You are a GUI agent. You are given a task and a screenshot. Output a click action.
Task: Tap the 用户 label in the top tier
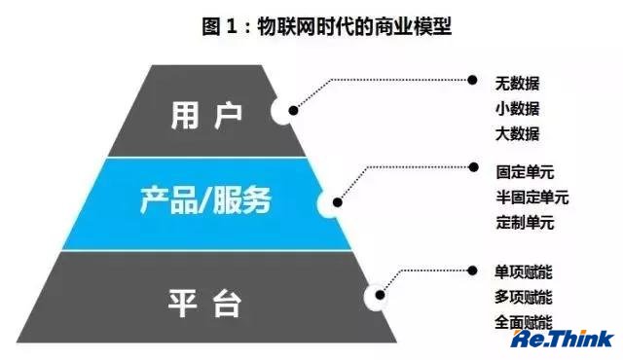tap(206, 116)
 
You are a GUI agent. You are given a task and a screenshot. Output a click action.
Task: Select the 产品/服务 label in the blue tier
tap(205, 200)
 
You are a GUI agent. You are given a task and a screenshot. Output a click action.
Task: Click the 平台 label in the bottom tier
tap(204, 304)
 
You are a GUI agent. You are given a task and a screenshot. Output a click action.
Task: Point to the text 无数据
tap(517, 84)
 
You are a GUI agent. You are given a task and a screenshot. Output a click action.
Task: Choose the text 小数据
tap(517, 109)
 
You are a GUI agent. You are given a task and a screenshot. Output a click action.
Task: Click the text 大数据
tap(517, 133)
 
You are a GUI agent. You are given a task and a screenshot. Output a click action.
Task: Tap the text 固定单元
tap(525, 172)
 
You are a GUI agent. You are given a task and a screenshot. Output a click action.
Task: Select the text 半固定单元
tap(532, 198)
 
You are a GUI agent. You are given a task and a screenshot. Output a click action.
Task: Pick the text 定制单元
tap(525, 222)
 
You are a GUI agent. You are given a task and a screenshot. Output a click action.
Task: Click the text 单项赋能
tap(524, 272)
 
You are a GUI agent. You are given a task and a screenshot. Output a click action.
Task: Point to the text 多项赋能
tap(524, 297)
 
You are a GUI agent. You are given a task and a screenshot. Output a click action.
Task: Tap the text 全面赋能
tap(524, 322)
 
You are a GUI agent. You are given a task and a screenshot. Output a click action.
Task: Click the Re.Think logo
tap(563, 340)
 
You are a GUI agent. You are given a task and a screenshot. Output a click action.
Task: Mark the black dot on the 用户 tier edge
tap(293, 111)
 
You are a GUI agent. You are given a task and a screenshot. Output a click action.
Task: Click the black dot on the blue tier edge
tap(338, 202)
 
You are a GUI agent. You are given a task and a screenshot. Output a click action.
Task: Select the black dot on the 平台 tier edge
tap(380, 295)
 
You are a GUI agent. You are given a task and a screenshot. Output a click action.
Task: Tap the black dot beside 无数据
tap(472, 80)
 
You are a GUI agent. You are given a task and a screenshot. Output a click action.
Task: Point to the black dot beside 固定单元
tap(473, 167)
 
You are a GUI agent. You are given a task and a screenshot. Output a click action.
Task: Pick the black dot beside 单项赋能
tap(472, 270)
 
